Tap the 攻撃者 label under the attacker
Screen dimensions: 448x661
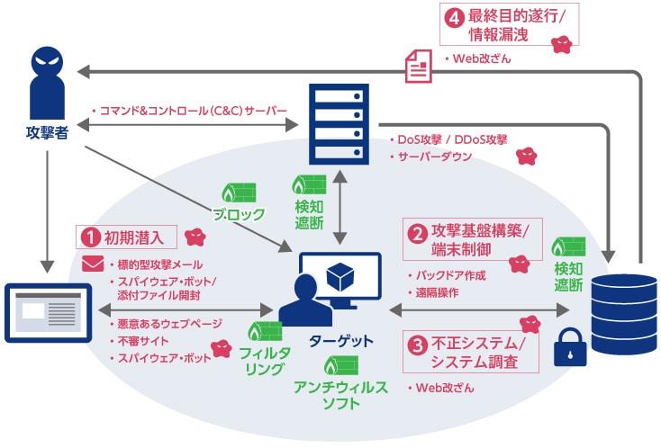click(47, 137)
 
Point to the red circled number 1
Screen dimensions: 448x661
click(89, 237)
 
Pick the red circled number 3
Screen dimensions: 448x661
click(417, 344)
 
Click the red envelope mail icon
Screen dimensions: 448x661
click(93, 264)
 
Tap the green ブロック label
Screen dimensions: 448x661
click(239, 215)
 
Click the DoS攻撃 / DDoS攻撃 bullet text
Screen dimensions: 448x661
click(452, 140)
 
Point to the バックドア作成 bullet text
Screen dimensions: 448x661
click(450, 274)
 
